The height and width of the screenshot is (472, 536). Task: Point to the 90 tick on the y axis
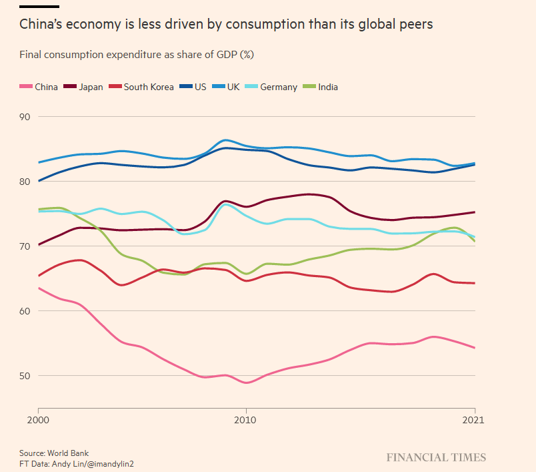click(27, 117)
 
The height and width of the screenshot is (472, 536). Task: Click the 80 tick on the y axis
click(27, 182)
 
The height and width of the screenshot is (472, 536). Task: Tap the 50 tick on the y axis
click(27, 376)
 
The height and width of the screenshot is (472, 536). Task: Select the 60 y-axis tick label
click(27, 311)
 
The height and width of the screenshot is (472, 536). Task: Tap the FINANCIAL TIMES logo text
click(436, 457)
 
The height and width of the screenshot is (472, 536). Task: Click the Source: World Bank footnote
click(54, 453)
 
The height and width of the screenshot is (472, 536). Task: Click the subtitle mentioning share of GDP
click(136, 55)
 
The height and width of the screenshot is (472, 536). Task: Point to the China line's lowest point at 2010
click(246, 383)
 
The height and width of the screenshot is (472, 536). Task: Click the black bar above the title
click(39, 6)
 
